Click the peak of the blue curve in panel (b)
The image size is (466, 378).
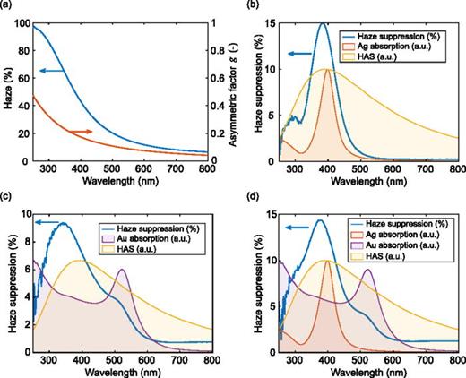(347, 24)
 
